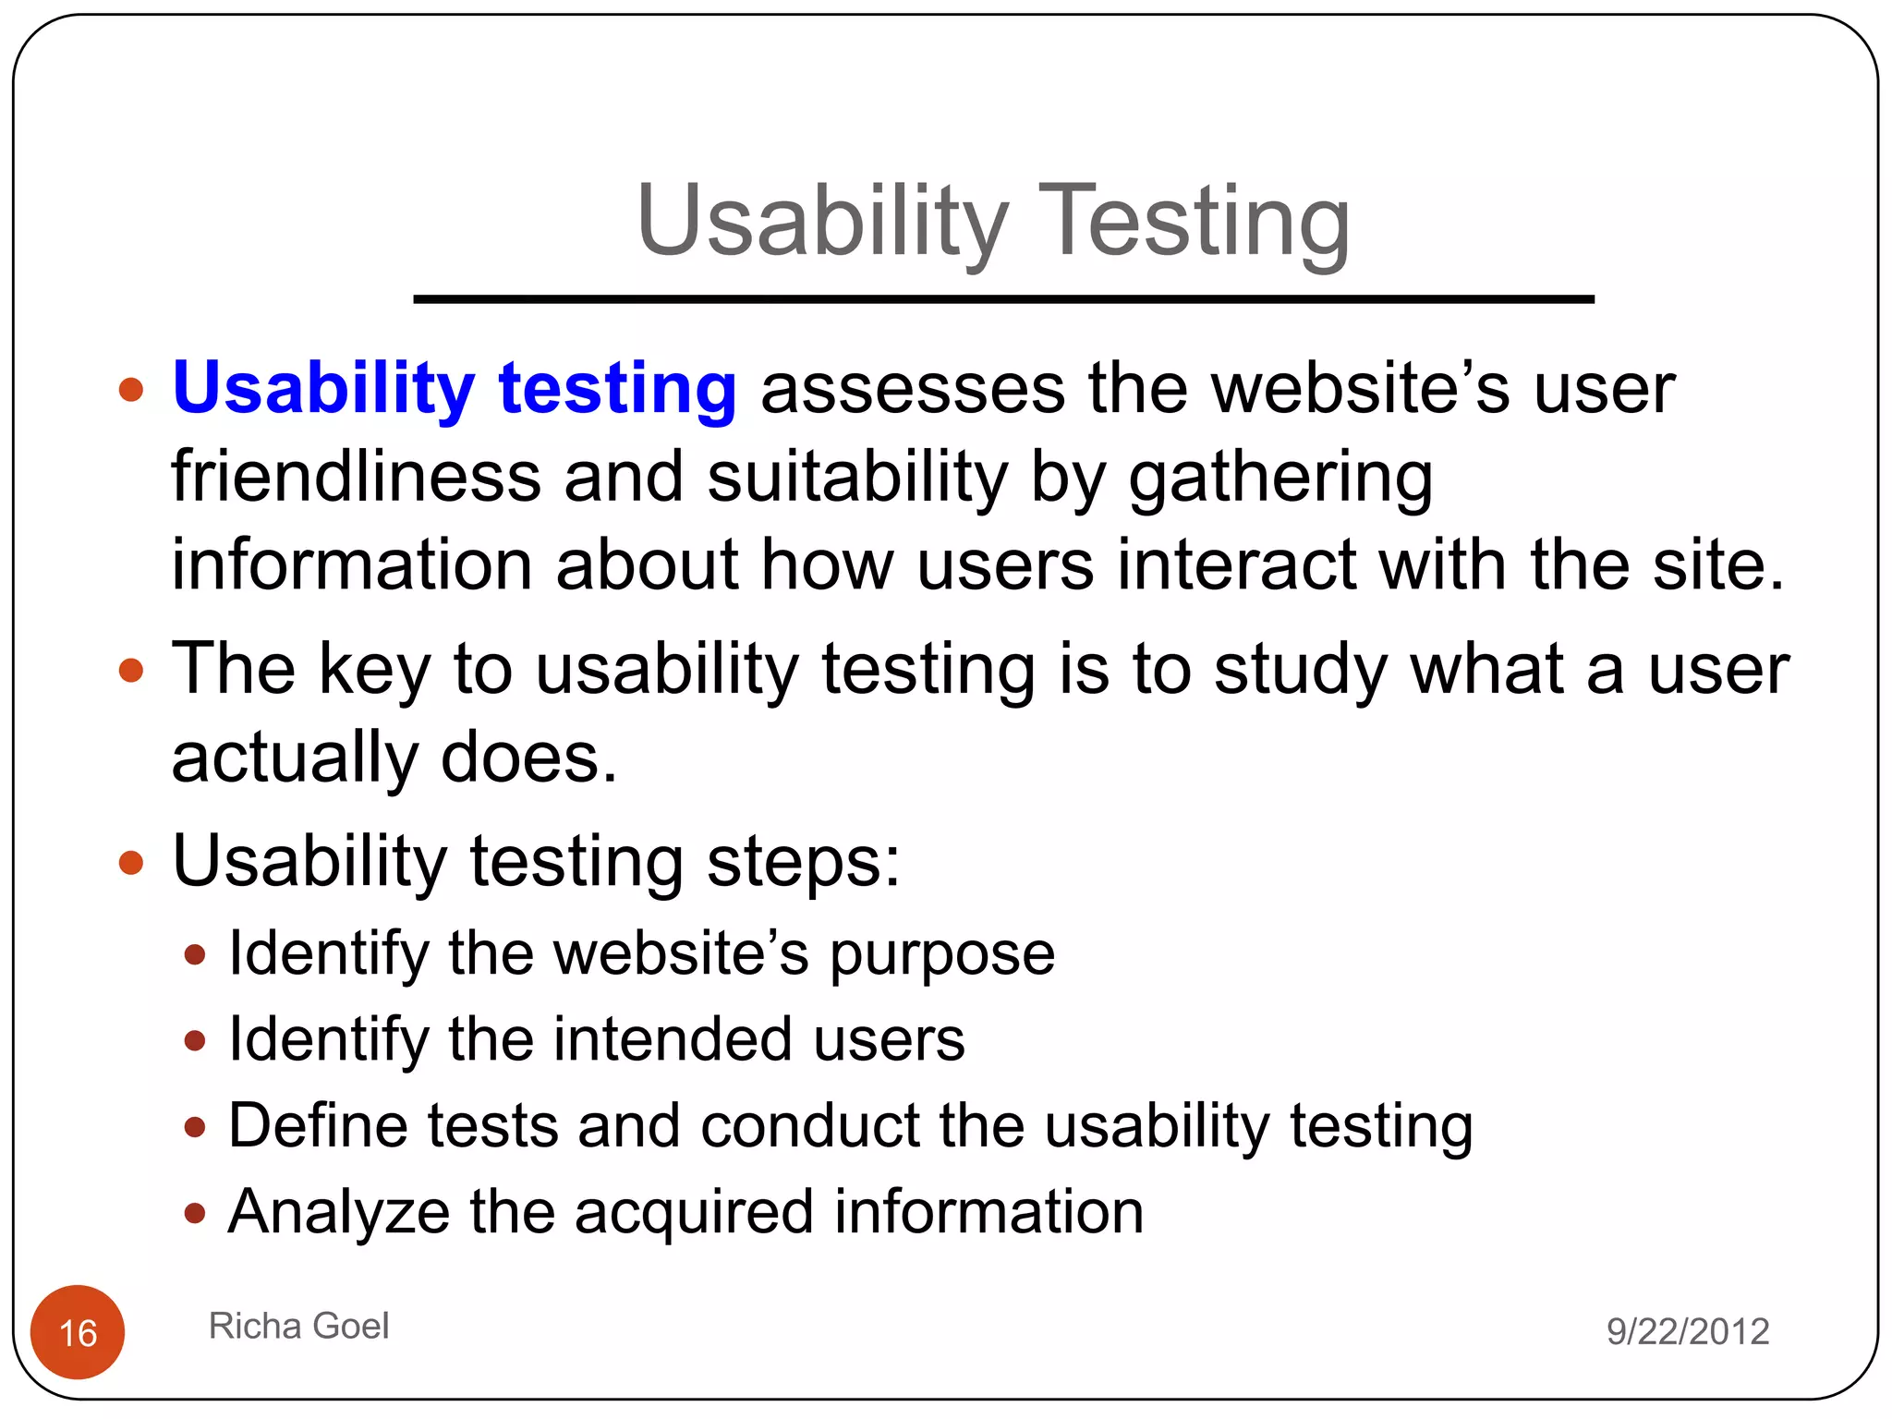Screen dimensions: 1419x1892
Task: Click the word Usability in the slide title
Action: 822,222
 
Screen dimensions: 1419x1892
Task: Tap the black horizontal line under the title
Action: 1003,299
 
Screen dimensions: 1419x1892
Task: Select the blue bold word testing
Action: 617,389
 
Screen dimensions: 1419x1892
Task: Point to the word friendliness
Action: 356,477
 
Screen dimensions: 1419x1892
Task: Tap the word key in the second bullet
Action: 374,671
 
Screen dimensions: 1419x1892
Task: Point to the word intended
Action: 672,1039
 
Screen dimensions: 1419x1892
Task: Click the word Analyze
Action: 338,1213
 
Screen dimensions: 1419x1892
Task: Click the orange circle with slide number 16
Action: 78,1332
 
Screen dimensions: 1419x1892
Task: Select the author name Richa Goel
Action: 298,1326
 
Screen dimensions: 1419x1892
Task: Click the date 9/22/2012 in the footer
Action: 1687,1331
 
